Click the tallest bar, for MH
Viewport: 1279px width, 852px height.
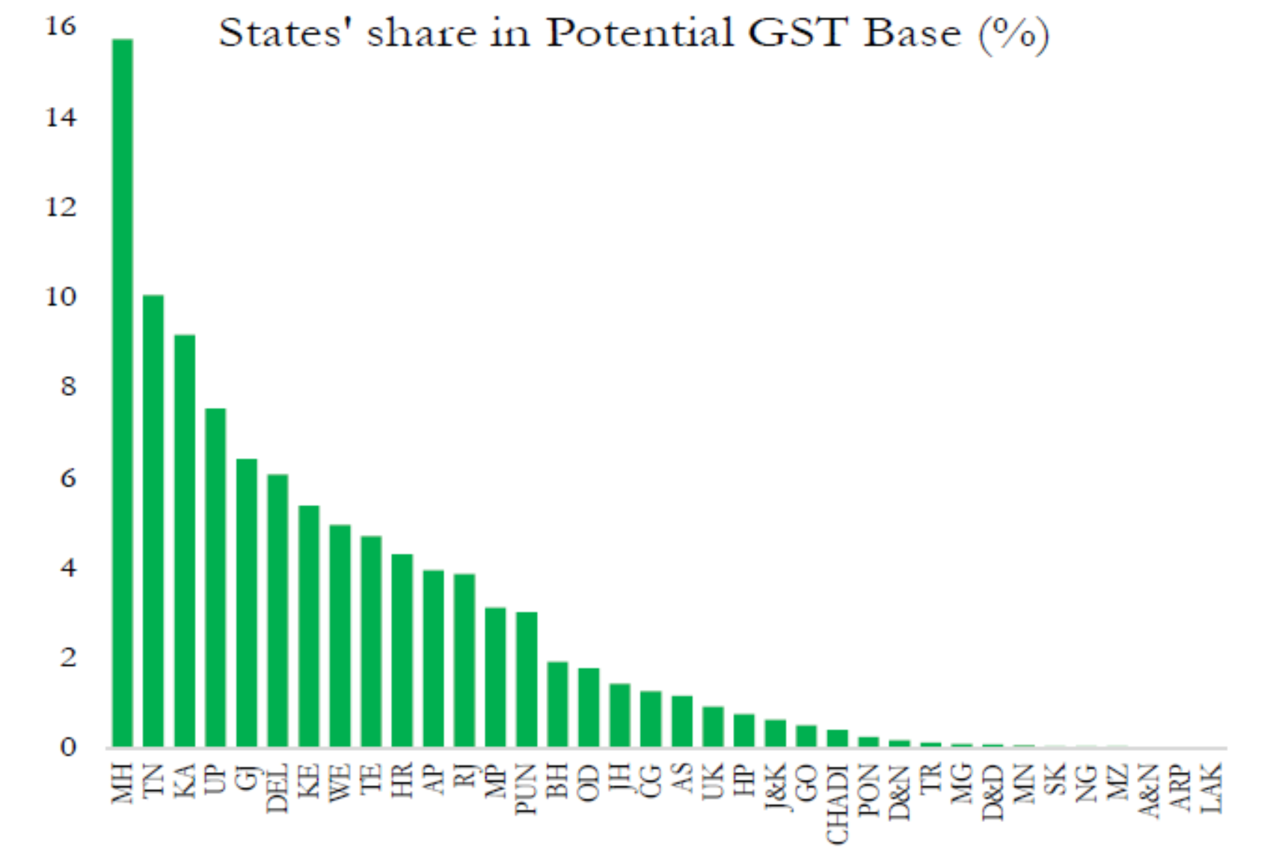122,393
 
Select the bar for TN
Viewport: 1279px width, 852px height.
153,521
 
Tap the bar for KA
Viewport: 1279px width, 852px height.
185,541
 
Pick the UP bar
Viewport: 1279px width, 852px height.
215,578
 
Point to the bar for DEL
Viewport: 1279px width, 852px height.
277,611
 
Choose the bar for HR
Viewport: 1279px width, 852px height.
402,650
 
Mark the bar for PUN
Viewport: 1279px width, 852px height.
527,679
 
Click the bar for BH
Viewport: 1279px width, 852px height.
558,705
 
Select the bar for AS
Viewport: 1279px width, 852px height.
682,722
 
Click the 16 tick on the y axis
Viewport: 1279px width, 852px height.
61,26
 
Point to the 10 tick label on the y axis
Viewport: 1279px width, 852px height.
61,297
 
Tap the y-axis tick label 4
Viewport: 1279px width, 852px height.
68,567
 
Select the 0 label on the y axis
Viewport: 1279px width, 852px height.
68,747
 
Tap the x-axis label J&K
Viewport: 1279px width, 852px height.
776,788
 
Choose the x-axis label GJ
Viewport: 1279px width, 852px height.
247,778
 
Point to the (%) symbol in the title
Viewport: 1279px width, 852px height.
1013,34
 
